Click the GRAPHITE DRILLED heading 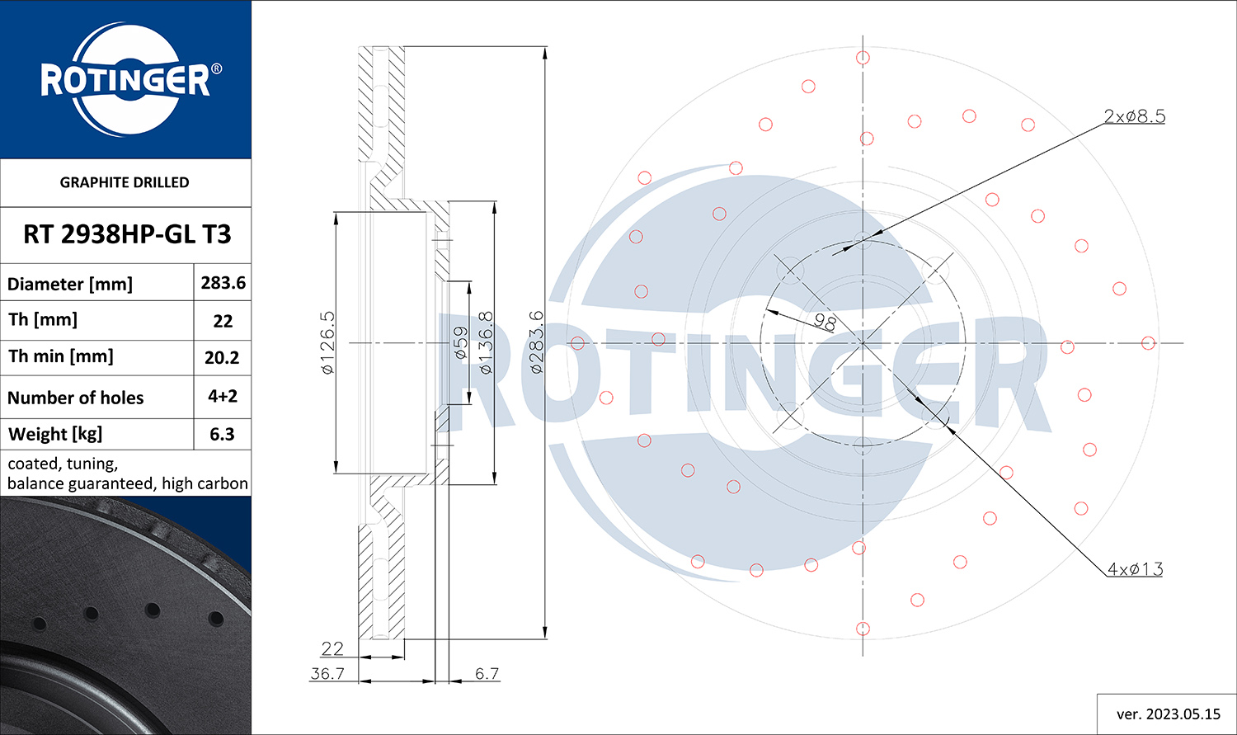coord(125,182)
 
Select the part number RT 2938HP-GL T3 coord(127,234)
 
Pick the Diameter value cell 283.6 coord(223,283)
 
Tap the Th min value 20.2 coord(222,358)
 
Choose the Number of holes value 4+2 coord(223,396)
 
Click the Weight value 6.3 coord(222,434)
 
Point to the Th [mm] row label coord(43,320)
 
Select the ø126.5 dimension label coord(327,342)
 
